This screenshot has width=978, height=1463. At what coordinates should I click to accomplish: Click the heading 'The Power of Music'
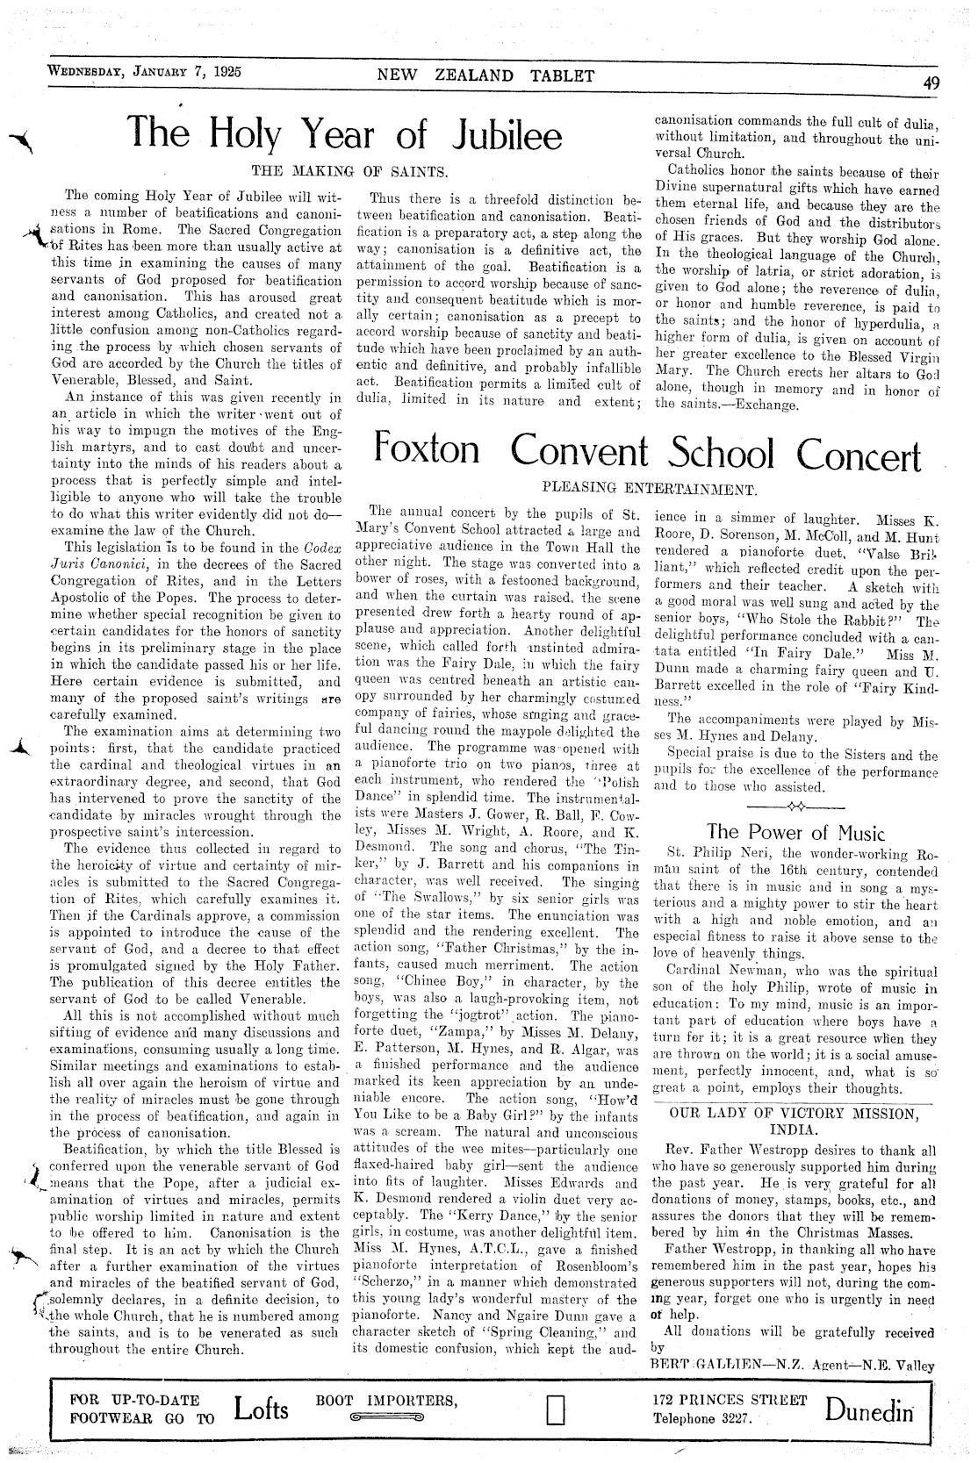(795, 831)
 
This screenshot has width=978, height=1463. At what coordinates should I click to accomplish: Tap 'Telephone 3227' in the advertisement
(701, 1417)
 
